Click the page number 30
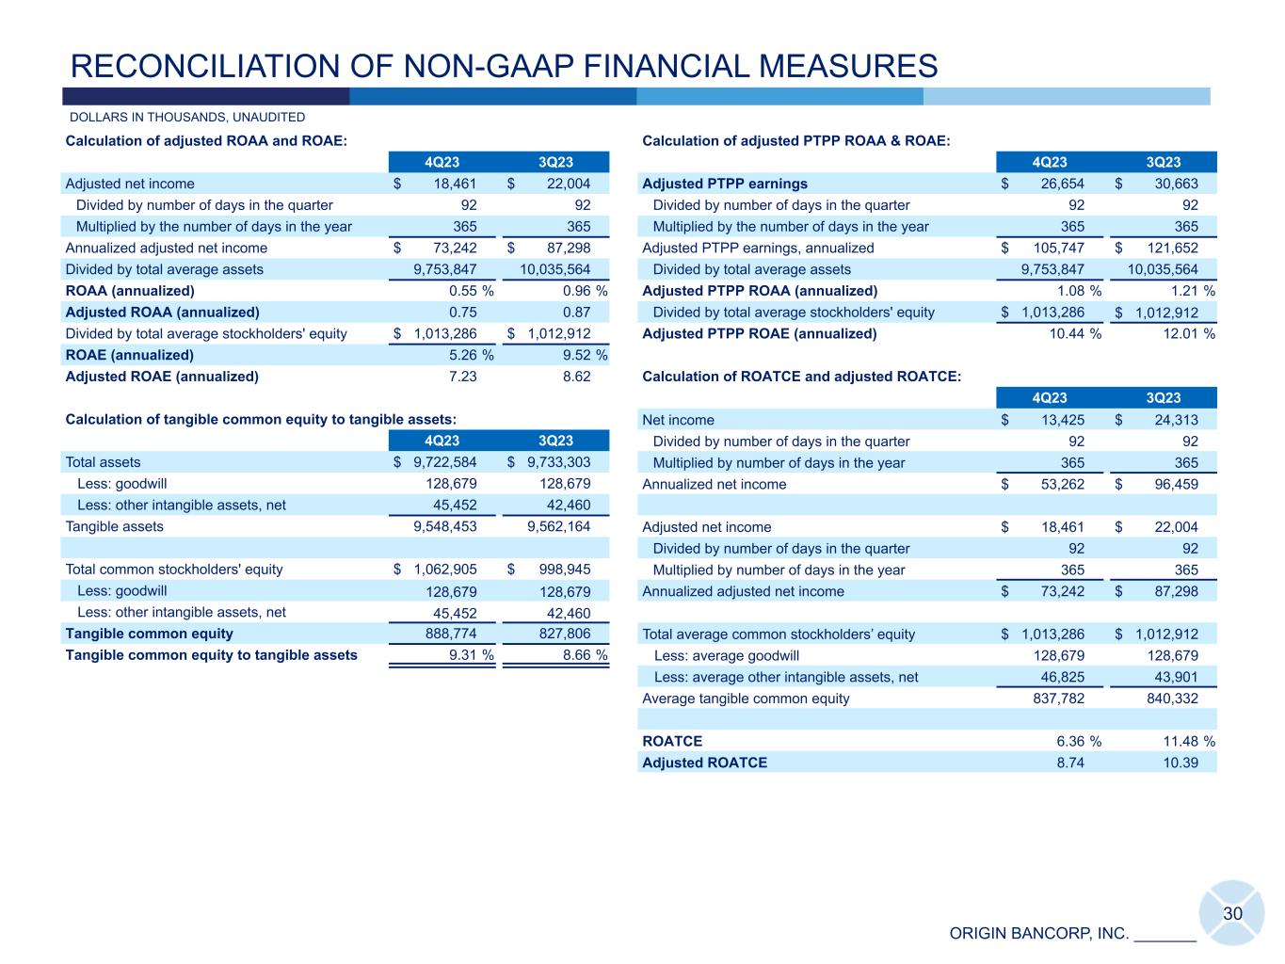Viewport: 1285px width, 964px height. (x=1232, y=914)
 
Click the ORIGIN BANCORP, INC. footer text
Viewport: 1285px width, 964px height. (x=1038, y=934)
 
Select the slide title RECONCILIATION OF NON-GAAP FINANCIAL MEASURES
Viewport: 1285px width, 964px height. (x=505, y=66)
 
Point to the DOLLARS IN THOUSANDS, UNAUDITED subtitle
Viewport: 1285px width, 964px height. (x=187, y=118)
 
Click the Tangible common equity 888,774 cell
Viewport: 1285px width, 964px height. (x=445, y=634)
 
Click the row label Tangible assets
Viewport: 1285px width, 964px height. (x=114, y=526)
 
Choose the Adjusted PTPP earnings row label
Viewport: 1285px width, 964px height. (x=725, y=184)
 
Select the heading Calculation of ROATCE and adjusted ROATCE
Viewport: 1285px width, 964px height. (x=801, y=377)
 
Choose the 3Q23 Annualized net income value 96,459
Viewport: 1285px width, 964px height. (x=1175, y=484)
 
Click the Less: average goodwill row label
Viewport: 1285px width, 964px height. (x=726, y=655)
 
